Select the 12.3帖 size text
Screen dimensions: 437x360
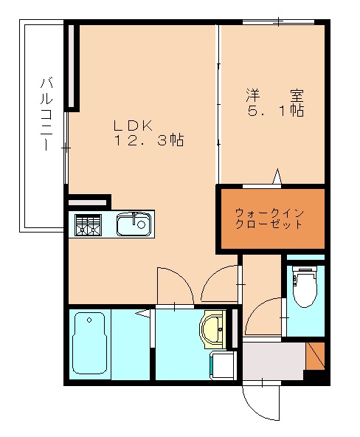147,140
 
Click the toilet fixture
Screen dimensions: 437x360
303,288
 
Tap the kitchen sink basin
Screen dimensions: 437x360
134,223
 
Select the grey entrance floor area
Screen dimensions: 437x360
274,362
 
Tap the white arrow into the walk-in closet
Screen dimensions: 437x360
278,177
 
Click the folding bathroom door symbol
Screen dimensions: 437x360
144,314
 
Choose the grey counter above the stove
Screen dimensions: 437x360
88,201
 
